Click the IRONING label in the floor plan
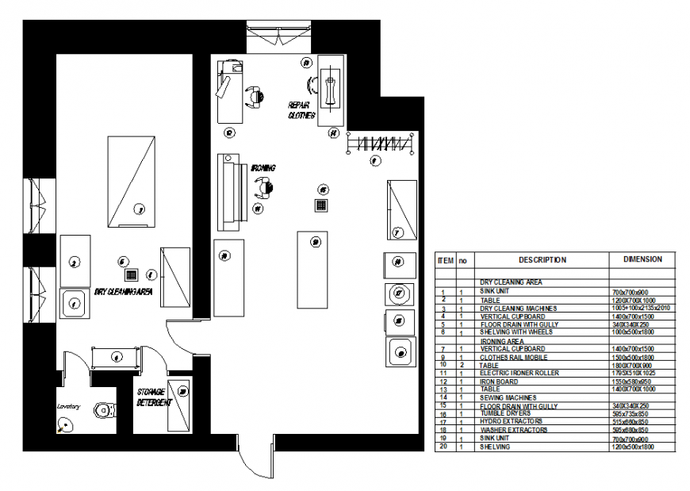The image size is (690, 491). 263,168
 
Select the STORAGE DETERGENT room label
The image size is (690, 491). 153,397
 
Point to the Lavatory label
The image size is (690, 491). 69,405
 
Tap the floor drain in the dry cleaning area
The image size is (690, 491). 132,275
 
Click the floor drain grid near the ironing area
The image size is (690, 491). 321,205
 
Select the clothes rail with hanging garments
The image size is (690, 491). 380,144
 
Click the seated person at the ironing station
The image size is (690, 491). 262,188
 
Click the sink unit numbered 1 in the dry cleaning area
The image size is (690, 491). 74,302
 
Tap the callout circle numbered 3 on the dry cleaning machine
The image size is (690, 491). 139,209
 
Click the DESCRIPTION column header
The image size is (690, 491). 542,259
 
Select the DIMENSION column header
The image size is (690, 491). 642,259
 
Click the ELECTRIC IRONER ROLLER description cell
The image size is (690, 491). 519,374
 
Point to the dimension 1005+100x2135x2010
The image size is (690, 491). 642,308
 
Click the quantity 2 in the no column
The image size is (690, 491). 461,365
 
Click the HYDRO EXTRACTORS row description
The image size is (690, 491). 511,422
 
